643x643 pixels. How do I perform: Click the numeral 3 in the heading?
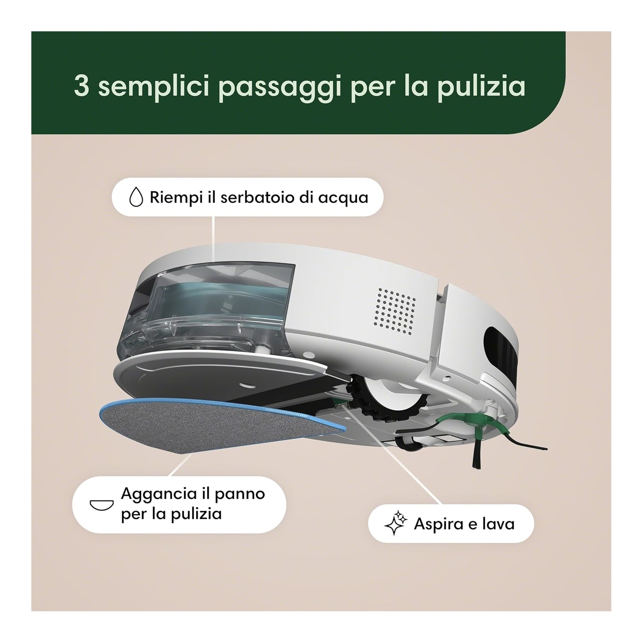pyautogui.click(x=82, y=86)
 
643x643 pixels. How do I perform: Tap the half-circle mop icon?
pyautogui.click(x=101, y=505)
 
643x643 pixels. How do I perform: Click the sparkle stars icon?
pyautogui.click(x=396, y=523)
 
